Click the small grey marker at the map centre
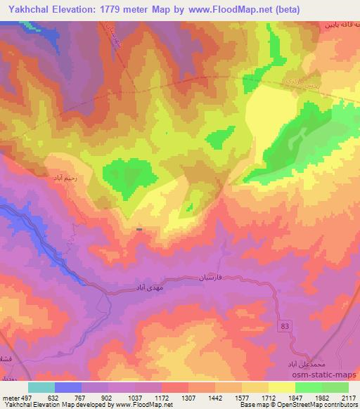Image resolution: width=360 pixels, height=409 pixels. (139, 229)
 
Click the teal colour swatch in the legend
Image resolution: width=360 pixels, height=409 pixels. (41, 387)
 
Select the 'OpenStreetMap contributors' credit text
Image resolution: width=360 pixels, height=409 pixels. (312, 405)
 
